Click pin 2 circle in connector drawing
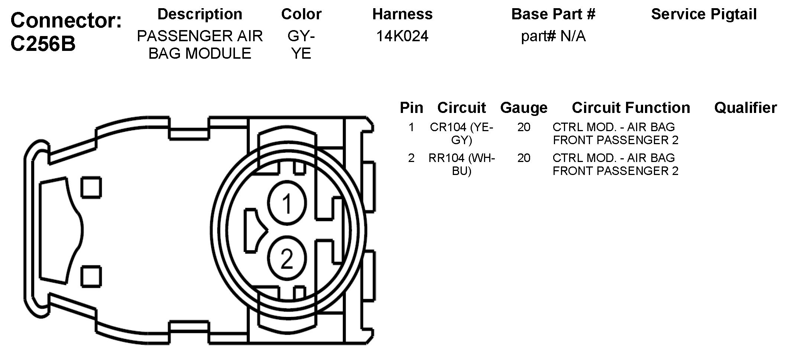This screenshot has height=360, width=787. point(287,259)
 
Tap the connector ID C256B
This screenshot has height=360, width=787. point(43,44)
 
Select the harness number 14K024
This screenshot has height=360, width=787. point(402,36)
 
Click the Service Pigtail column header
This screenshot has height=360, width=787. point(704,14)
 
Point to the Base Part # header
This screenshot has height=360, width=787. point(553,14)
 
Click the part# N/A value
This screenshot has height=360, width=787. point(553,36)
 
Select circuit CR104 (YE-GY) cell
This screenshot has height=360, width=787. point(461,133)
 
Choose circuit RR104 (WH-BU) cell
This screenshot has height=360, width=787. point(461,164)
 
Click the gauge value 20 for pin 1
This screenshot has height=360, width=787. point(523,127)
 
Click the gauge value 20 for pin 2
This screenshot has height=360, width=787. point(523,158)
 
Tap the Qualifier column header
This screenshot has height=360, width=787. point(745,108)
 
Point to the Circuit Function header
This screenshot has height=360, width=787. point(630,108)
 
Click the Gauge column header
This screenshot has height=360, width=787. point(523,108)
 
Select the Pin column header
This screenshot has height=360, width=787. point(411,108)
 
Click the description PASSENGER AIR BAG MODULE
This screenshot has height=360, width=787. point(200,45)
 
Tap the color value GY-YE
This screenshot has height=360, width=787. point(301,45)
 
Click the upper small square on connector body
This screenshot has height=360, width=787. point(91,188)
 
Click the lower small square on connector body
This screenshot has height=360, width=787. point(91,277)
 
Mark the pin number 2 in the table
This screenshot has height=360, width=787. point(411,158)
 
